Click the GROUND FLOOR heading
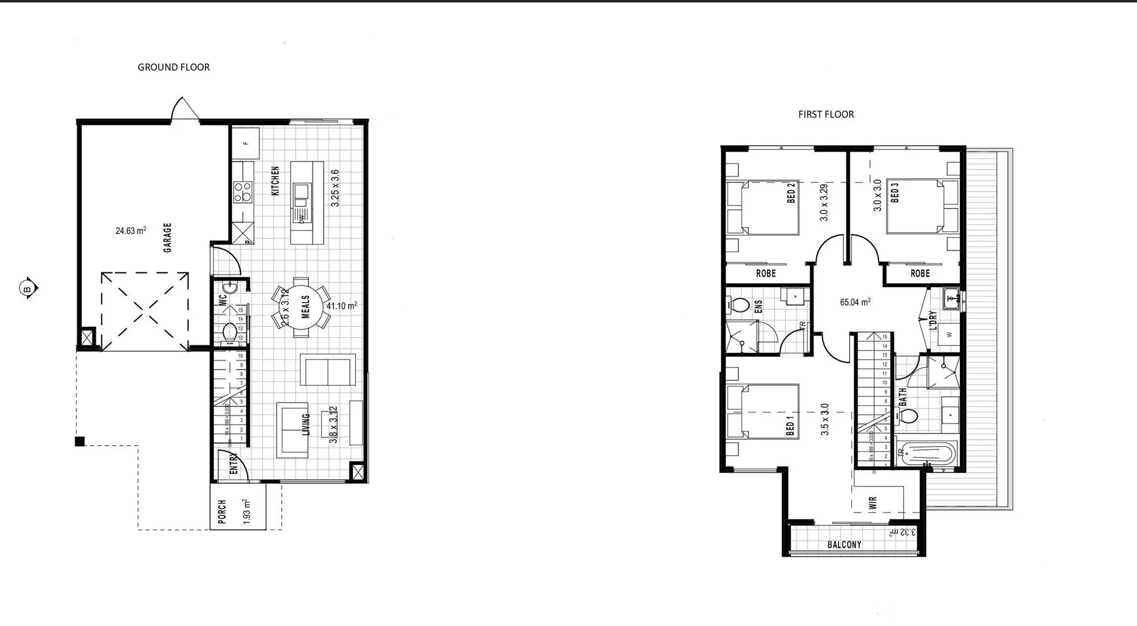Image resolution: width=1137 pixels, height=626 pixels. click(x=174, y=68)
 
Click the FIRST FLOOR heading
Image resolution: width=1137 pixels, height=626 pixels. click(x=826, y=114)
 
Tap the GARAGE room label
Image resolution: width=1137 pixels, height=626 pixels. click(x=168, y=237)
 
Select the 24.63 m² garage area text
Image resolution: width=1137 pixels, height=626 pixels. click(x=131, y=230)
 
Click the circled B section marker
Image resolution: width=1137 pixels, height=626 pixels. click(x=27, y=289)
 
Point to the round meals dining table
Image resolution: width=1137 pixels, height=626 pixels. click(x=301, y=307)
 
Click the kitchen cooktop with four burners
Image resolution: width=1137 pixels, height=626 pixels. click(x=243, y=192)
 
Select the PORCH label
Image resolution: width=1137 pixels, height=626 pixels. click(x=222, y=511)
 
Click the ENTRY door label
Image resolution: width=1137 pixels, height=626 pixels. click(x=233, y=463)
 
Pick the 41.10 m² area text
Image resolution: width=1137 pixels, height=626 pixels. click(x=342, y=306)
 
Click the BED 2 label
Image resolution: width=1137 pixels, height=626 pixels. click(x=791, y=192)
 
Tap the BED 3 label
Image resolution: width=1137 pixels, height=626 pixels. click(x=894, y=192)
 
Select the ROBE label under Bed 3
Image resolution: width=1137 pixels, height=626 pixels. click(x=920, y=274)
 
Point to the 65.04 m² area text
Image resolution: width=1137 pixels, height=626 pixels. click(x=855, y=302)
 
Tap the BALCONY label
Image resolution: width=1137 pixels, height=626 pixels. click(x=844, y=544)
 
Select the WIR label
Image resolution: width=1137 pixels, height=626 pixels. click(x=872, y=503)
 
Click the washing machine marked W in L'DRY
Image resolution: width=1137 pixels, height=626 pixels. click(x=949, y=335)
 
